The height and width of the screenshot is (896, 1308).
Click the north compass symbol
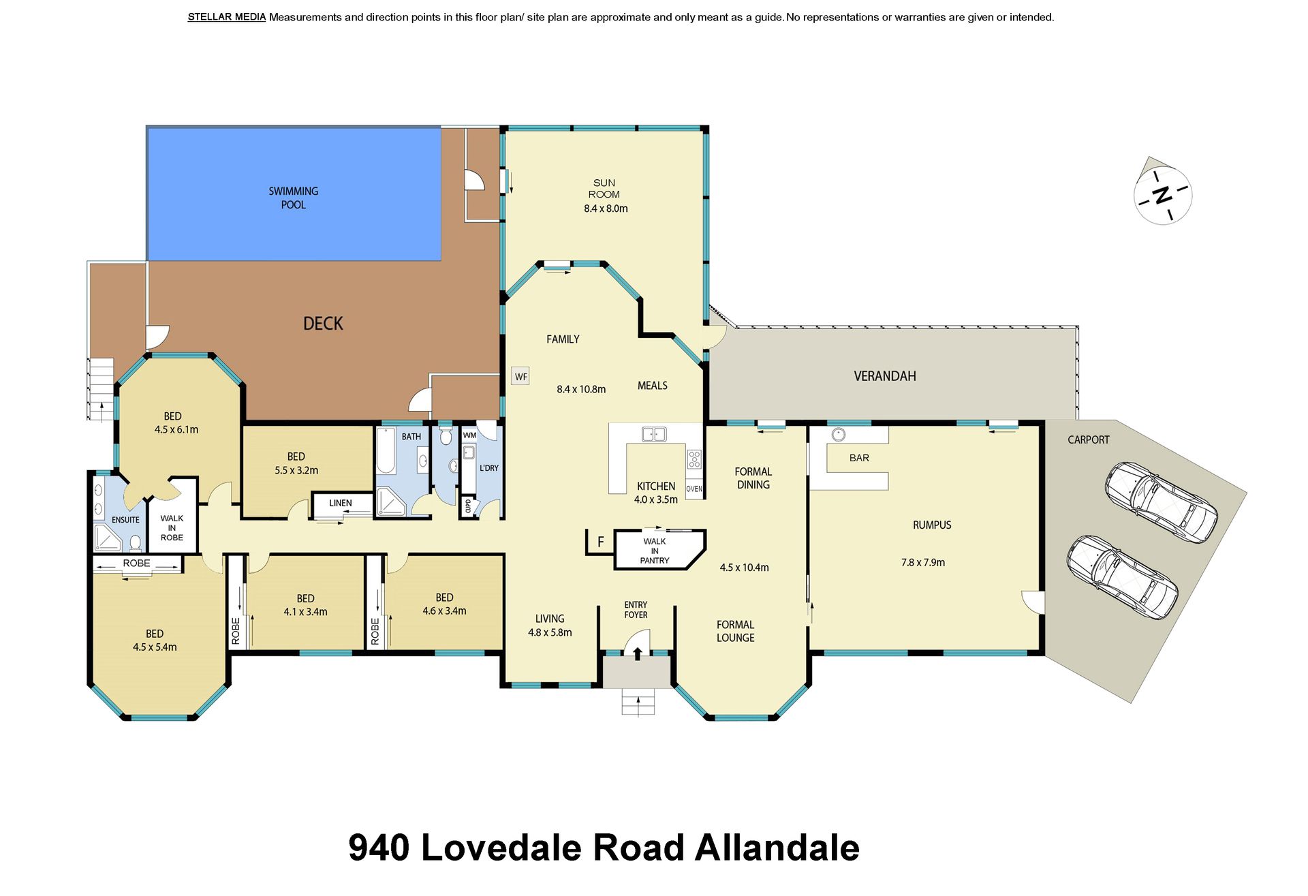1162,195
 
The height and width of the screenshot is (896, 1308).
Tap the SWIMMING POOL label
293,198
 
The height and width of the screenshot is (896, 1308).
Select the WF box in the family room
520,376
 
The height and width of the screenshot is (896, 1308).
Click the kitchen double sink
654,433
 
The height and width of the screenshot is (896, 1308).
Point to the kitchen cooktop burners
694,459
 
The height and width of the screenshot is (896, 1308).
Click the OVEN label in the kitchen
694,489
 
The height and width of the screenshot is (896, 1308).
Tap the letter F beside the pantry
600,542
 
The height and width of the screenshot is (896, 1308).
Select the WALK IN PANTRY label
655,551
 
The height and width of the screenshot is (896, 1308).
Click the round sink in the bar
838,435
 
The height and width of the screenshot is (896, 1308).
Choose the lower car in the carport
1121,576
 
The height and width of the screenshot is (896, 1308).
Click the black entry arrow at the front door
637,653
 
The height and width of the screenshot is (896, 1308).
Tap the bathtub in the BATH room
386,450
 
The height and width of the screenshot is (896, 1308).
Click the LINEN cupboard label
341,503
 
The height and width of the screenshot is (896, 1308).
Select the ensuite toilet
135,543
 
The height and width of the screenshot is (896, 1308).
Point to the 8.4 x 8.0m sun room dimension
606,208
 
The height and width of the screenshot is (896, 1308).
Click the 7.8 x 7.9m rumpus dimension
922,562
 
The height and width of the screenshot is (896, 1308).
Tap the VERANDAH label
884,375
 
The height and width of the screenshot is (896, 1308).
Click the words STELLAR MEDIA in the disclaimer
227,17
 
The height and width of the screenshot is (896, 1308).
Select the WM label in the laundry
469,435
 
